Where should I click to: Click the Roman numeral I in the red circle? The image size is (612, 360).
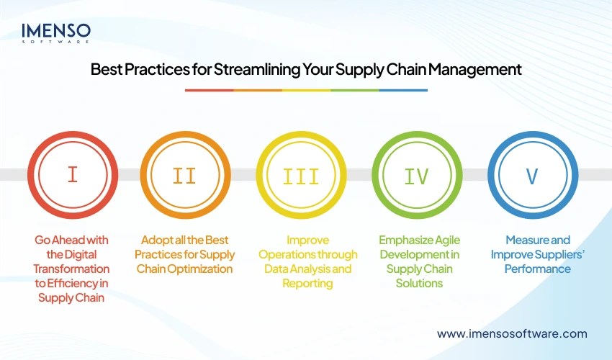click(x=72, y=175)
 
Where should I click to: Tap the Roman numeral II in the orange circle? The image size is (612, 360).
click(x=185, y=175)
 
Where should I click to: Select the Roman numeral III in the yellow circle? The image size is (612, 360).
click(x=300, y=175)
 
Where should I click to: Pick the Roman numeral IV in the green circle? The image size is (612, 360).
click(x=415, y=175)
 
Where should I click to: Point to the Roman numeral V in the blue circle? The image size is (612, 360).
click(x=531, y=175)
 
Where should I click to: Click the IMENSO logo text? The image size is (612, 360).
click(x=56, y=30)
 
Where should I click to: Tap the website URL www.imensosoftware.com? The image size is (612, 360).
click(x=512, y=333)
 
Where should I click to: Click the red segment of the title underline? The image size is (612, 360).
click(x=209, y=90)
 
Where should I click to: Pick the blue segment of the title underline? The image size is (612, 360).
click(x=403, y=90)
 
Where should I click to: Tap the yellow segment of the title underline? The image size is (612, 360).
click(x=306, y=90)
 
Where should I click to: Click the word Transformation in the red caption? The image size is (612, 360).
click(x=72, y=269)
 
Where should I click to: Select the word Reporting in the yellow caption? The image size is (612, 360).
click(x=307, y=283)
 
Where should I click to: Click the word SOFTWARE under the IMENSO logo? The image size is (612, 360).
click(x=56, y=42)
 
